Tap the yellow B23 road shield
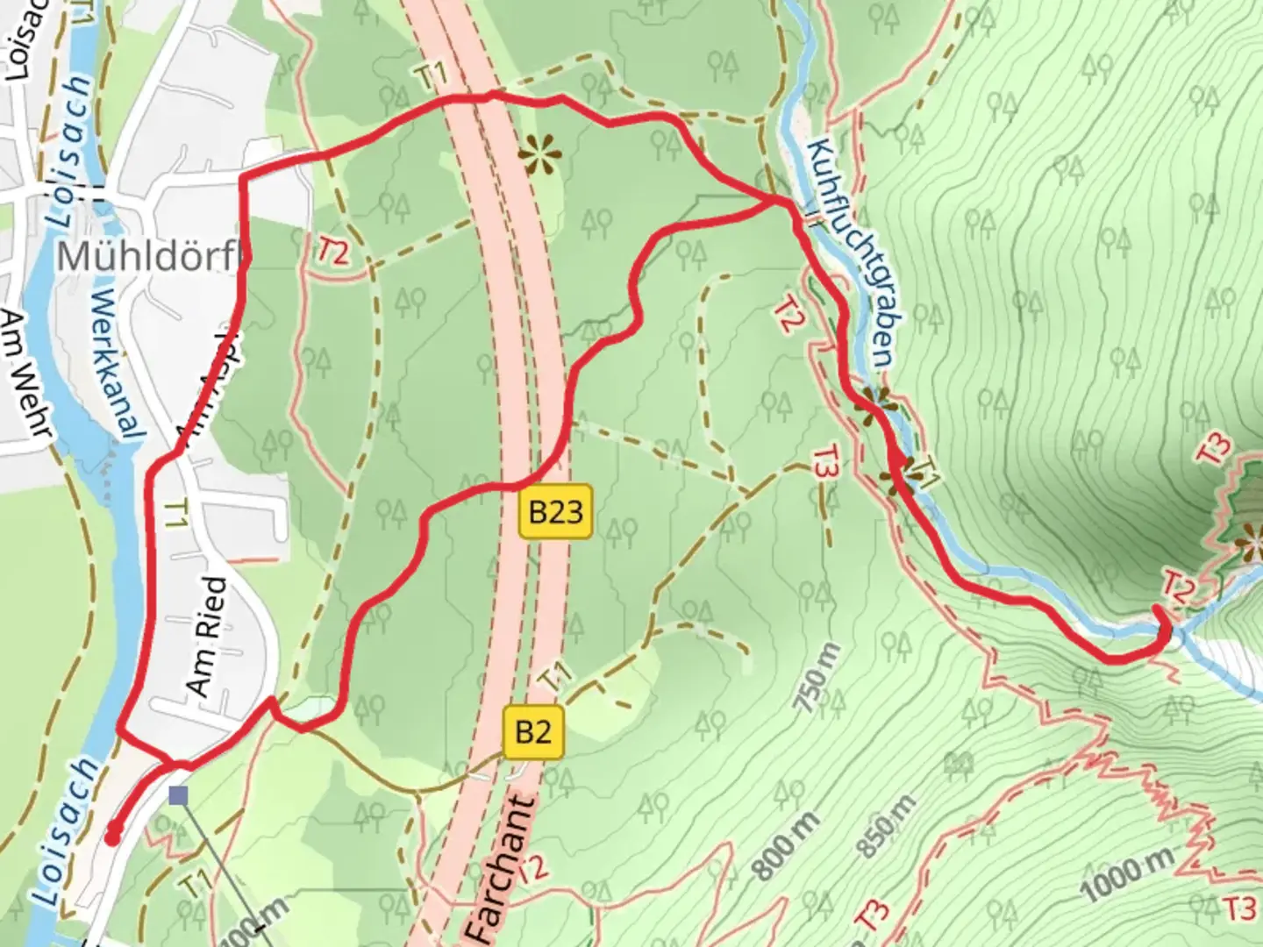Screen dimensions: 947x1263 [x=556, y=511]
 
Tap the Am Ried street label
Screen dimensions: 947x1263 [x=207, y=636]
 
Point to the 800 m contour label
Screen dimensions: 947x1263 [x=787, y=845]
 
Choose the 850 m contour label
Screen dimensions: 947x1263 [x=888, y=828]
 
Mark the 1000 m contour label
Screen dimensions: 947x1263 [x=1126, y=876]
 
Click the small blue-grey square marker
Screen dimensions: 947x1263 [x=179, y=795]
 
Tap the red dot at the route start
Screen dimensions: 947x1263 [x=112, y=838]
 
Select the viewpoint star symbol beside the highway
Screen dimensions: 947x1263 [x=539, y=155]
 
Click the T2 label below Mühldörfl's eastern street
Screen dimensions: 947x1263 [x=333, y=253]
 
